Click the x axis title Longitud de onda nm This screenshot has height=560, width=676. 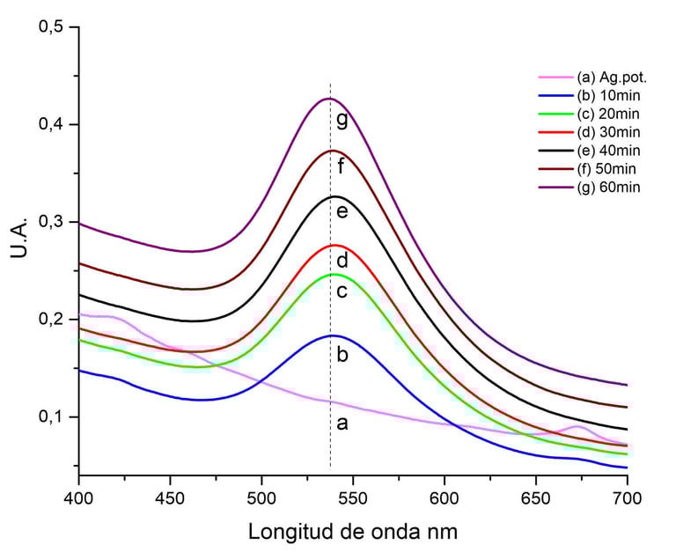click(353, 533)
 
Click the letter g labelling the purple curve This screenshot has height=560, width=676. click(342, 121)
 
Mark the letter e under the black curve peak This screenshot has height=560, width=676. click(342, 211)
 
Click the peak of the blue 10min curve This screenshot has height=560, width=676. click(334, 335)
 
